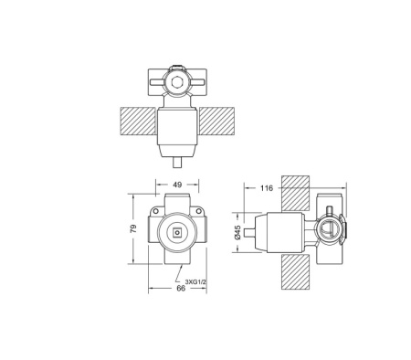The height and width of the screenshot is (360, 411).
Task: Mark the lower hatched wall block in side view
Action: [293, 270]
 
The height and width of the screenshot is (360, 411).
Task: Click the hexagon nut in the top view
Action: [177, 81]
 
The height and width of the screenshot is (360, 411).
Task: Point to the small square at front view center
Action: [177, 231]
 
